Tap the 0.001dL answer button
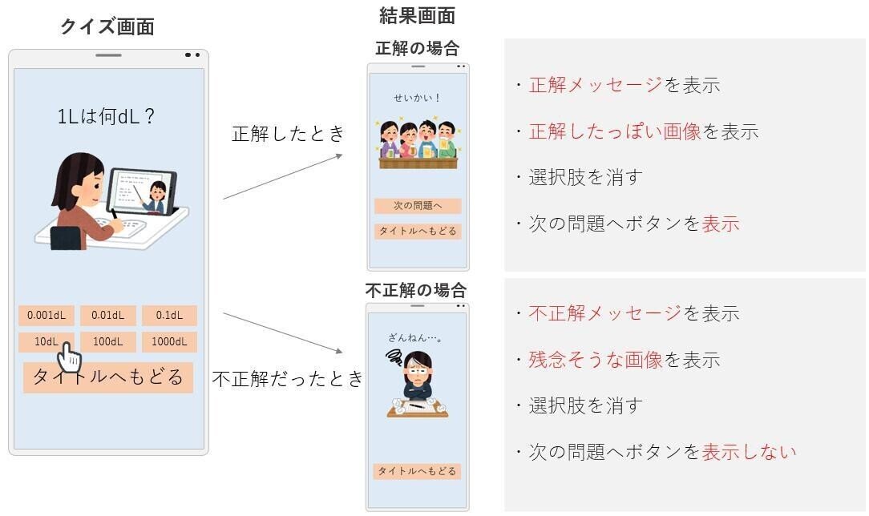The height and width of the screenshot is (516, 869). [x=46, y=316]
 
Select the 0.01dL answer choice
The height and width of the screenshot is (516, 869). [x=107, y=316]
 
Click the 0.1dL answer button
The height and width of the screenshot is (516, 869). [x=169, y=316]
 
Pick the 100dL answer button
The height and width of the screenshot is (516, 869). [x=107, y=342]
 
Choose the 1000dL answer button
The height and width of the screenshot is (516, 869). [x=169, y=342]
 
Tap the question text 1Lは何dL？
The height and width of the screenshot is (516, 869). [x=107, y=117]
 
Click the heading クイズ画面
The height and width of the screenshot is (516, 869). [x=107, y=26]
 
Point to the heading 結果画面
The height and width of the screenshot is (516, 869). [x=417, y=15]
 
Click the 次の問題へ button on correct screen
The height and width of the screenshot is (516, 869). [x=418, y=206]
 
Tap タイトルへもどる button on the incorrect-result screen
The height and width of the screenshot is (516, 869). [x=417, y=471]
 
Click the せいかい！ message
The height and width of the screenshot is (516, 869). [x=418, y=99]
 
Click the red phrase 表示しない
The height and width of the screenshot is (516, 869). [x=749, y=452]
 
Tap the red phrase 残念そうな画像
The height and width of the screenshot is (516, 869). [x=595, y=360]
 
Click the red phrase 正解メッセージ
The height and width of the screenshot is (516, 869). [x=595, y=85]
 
